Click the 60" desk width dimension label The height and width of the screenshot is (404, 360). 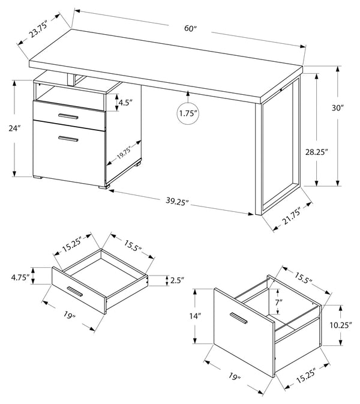(x=190, y=28)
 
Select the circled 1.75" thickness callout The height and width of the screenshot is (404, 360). (x=188, y=113)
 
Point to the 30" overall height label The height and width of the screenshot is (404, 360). (x=338, y=108)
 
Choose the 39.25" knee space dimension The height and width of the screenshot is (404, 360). (x=177, y=202)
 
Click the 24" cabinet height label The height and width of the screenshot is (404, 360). (x=14, y=128)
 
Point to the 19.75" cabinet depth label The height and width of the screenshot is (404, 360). (x=124, y=152)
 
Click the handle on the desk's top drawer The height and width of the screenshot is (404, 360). (x=68, y=116)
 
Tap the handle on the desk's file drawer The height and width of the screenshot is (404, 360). (x=68, y=139)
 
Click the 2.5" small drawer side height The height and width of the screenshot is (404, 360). (x=177, y=280)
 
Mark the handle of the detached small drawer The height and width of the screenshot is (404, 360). (x=75, y=291)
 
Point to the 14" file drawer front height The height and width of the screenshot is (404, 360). (x=195, y=316)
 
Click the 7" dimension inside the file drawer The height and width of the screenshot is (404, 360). (x=278, y=302)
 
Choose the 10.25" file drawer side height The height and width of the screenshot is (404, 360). (x=341, y=325)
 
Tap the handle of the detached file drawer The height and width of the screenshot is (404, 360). (x=239, y=318)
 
